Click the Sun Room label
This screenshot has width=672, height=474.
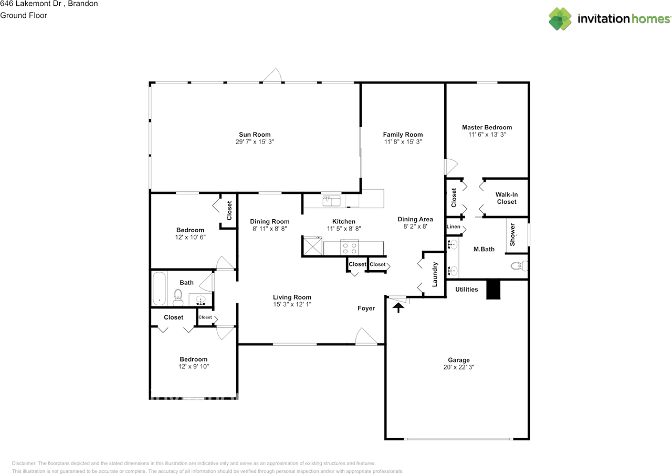coord(255,135)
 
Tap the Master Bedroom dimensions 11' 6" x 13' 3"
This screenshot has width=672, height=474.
coord(487,135)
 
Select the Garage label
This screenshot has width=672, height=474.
coord(459,360)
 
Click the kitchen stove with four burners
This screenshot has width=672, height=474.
coord(350,248)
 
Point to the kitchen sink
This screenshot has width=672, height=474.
coord(331,201)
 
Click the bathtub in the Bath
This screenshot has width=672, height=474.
coord(159,288)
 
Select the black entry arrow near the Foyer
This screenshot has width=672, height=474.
coord(398,307)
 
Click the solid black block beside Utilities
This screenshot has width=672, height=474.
coord(493,289)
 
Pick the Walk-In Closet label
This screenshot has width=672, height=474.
coord(507,198)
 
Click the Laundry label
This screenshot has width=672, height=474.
coord(435,274)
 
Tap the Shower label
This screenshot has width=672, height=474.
coord(512,234)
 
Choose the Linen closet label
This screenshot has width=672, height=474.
coord(453,226)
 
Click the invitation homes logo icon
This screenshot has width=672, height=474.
coord(560,19)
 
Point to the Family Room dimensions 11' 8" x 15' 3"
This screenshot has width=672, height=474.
coord(403,142)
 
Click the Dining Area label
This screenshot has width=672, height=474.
coord(415,219)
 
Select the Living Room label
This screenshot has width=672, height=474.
coord(292,297)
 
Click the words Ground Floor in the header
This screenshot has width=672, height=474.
coord(24,15)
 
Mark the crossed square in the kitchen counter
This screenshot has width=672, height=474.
coord(312,246)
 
